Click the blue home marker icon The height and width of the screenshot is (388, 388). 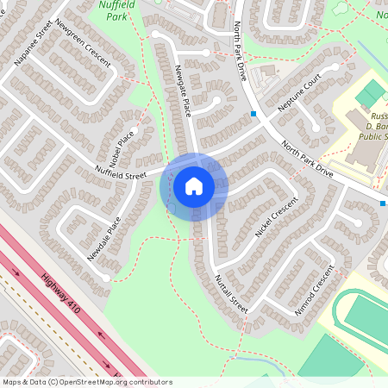(194, 185)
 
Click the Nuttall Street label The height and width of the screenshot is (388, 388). (230, 294)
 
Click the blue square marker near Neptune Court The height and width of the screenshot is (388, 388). (253, 114)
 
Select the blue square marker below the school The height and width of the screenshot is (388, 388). (383, 203)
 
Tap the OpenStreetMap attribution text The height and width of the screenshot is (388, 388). (86, 382)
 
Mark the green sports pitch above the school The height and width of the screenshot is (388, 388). (372, 92)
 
